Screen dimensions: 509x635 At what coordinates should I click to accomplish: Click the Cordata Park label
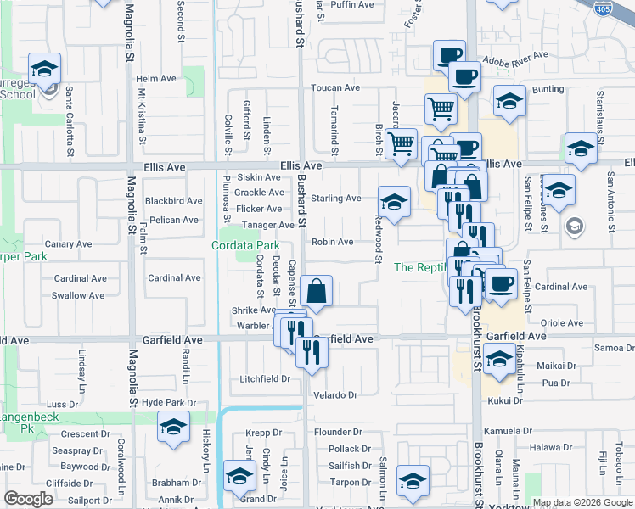click(245, 245)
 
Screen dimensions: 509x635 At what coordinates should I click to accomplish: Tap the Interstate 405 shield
click(602, 9)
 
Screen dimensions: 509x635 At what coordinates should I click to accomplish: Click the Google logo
click(28, 499)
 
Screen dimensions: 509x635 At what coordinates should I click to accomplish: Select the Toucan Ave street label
click(335, 87)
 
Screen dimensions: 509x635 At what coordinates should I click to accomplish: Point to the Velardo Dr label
click(336, 395)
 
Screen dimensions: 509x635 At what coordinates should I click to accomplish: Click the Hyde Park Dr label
click(169, 402)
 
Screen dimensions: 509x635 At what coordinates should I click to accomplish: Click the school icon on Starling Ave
click(392, 202)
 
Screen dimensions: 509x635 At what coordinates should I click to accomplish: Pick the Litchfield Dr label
click(265, 378)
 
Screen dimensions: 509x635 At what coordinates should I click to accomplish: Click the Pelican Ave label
click(173, 220)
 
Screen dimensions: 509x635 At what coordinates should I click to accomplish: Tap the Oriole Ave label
click(563, 323)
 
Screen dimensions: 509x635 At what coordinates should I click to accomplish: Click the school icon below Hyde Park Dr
click(173, 428)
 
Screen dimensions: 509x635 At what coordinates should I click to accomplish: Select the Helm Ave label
click(156, 78)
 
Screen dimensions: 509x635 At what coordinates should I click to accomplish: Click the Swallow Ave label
click(80, 295)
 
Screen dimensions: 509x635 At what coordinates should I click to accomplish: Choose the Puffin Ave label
click(351, 4)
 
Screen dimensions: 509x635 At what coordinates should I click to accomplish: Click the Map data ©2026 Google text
click(582, 502)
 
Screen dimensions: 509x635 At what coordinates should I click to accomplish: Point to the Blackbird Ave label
click(173, 201)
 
